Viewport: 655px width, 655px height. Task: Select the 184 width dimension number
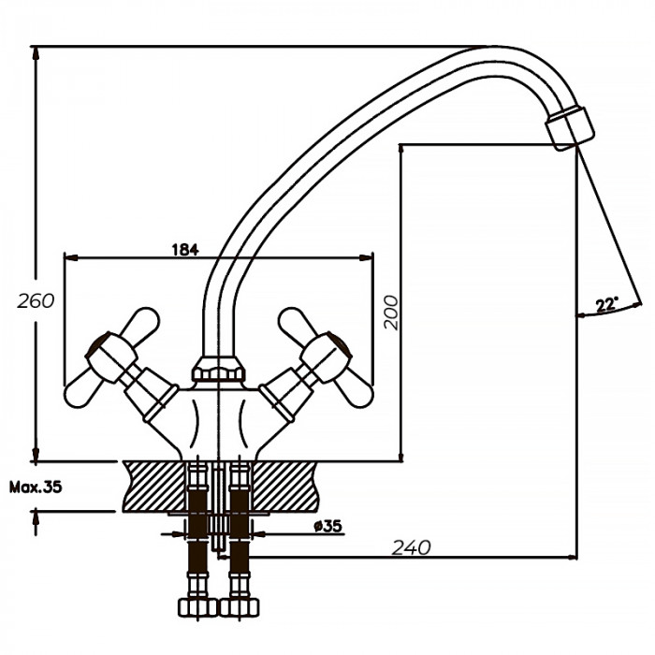click(x=186, y=249)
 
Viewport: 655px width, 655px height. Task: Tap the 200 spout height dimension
click(x=391, y=313)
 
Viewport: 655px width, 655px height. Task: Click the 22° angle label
click(x=606, y=304)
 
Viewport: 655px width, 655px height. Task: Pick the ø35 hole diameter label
click(x=327, y=527)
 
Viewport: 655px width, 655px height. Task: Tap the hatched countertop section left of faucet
click(x=154, y=485)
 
